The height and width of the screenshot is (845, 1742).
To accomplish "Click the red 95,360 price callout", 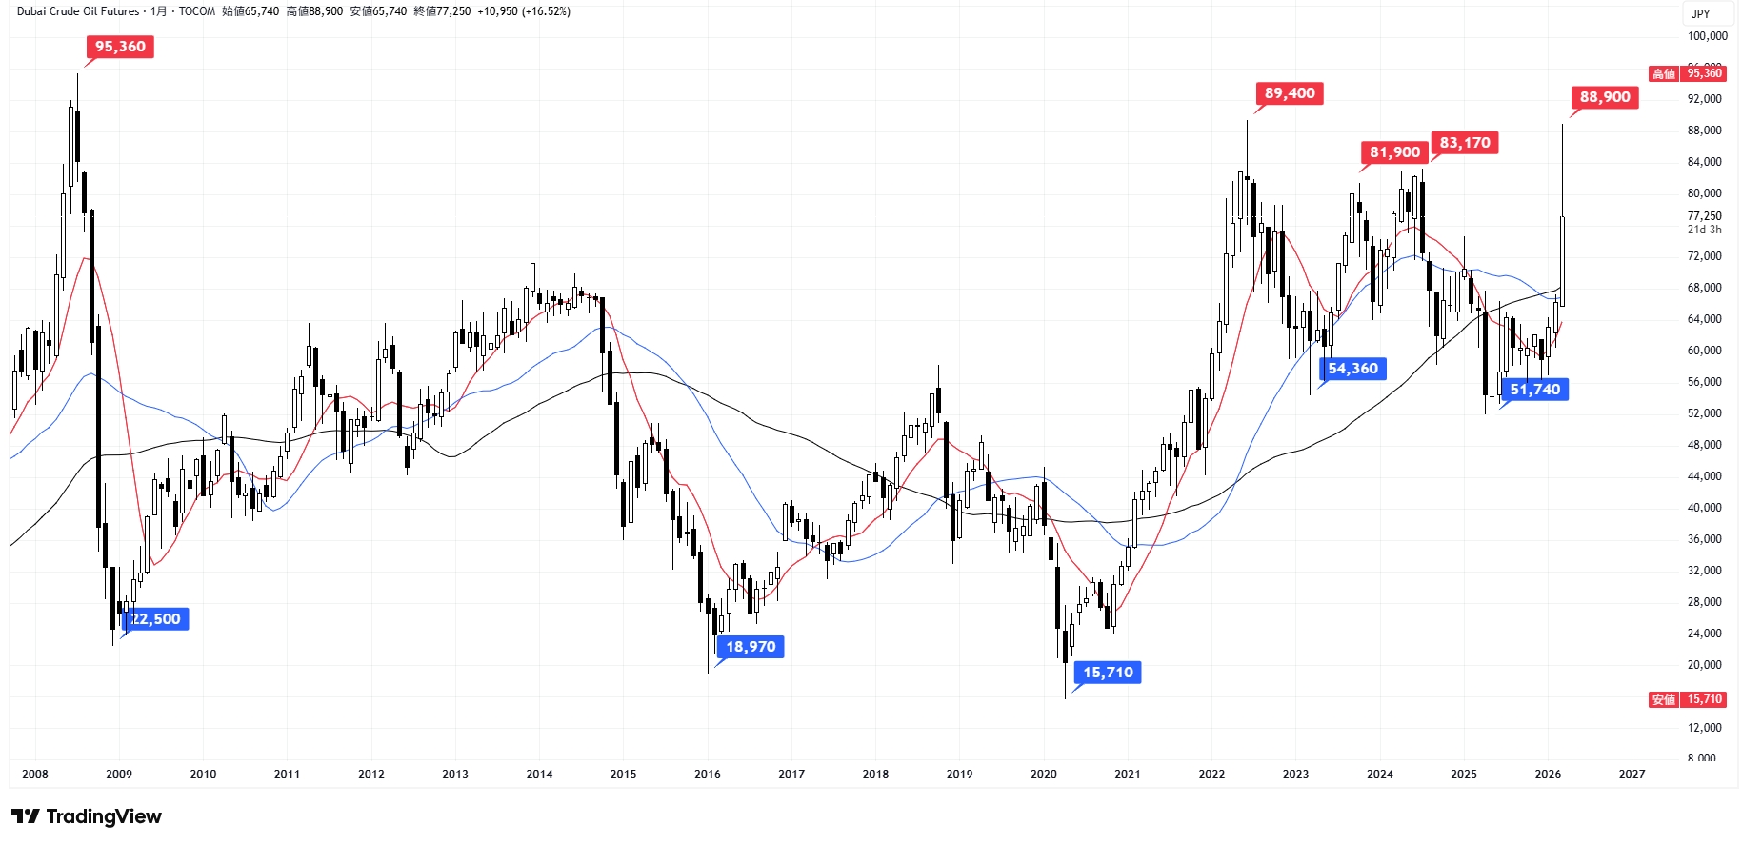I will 120,47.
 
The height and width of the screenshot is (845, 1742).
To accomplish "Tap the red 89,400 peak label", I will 1290,93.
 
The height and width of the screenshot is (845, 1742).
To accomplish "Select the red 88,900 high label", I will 1605,97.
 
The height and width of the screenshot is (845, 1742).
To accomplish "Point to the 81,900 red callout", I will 1394,152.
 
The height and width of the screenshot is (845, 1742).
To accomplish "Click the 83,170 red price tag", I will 1465,143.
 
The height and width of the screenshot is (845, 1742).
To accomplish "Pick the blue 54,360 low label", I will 1352,369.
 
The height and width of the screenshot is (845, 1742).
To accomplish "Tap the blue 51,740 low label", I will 1534,390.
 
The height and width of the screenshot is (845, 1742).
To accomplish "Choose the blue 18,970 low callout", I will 751,647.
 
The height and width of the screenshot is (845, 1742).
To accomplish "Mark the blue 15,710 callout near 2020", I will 1108,673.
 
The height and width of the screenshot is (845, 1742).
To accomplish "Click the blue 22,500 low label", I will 155,619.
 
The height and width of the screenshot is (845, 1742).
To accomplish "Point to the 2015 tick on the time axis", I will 623,775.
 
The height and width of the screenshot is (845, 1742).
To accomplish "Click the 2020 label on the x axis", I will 1043,775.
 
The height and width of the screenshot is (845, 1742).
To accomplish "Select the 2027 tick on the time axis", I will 1632,775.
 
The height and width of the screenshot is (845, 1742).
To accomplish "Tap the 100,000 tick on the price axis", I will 1707,36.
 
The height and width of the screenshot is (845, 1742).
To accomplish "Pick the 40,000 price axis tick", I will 1704,508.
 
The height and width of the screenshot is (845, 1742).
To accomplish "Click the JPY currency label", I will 1700,14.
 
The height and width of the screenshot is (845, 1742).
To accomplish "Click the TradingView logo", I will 87,816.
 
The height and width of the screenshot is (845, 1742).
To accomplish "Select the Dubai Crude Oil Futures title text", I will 78,11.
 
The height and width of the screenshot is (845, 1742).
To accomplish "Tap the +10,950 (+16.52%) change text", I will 524,11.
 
